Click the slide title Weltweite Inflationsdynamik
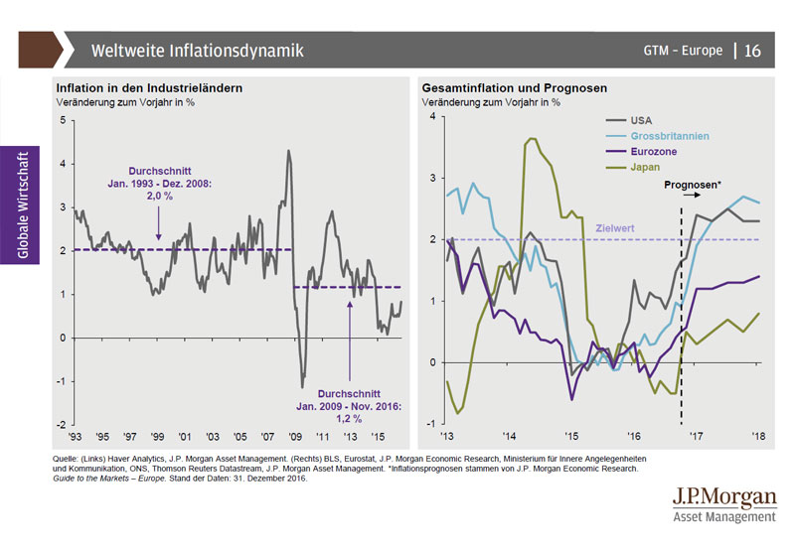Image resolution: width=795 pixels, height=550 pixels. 197,50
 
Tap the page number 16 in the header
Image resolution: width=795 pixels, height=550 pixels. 752,51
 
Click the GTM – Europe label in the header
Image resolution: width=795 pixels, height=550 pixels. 683,51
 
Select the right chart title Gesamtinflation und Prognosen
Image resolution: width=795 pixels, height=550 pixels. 514,88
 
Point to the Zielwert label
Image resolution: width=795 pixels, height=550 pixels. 615,228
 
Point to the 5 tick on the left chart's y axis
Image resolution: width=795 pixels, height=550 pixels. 63,121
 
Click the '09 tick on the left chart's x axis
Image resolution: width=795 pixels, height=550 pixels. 294,436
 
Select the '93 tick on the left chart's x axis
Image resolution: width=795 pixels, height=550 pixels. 76,436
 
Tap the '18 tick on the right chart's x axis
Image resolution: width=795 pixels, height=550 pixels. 758,436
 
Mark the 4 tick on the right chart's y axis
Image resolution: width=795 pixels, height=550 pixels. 432,116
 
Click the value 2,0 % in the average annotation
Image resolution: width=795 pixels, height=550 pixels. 159,198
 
